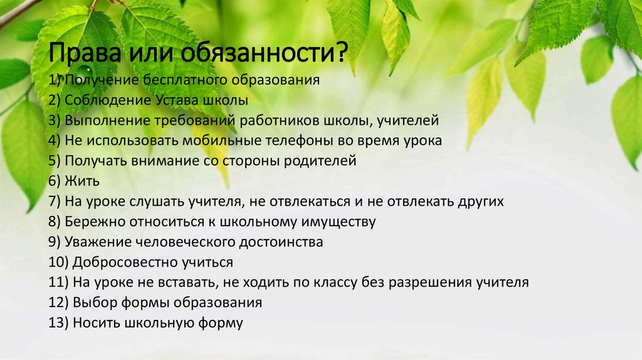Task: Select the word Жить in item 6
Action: point(82,181)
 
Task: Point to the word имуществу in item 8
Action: point(340,222)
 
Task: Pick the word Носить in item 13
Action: point(95,323)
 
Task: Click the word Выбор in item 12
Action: point(93,303)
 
